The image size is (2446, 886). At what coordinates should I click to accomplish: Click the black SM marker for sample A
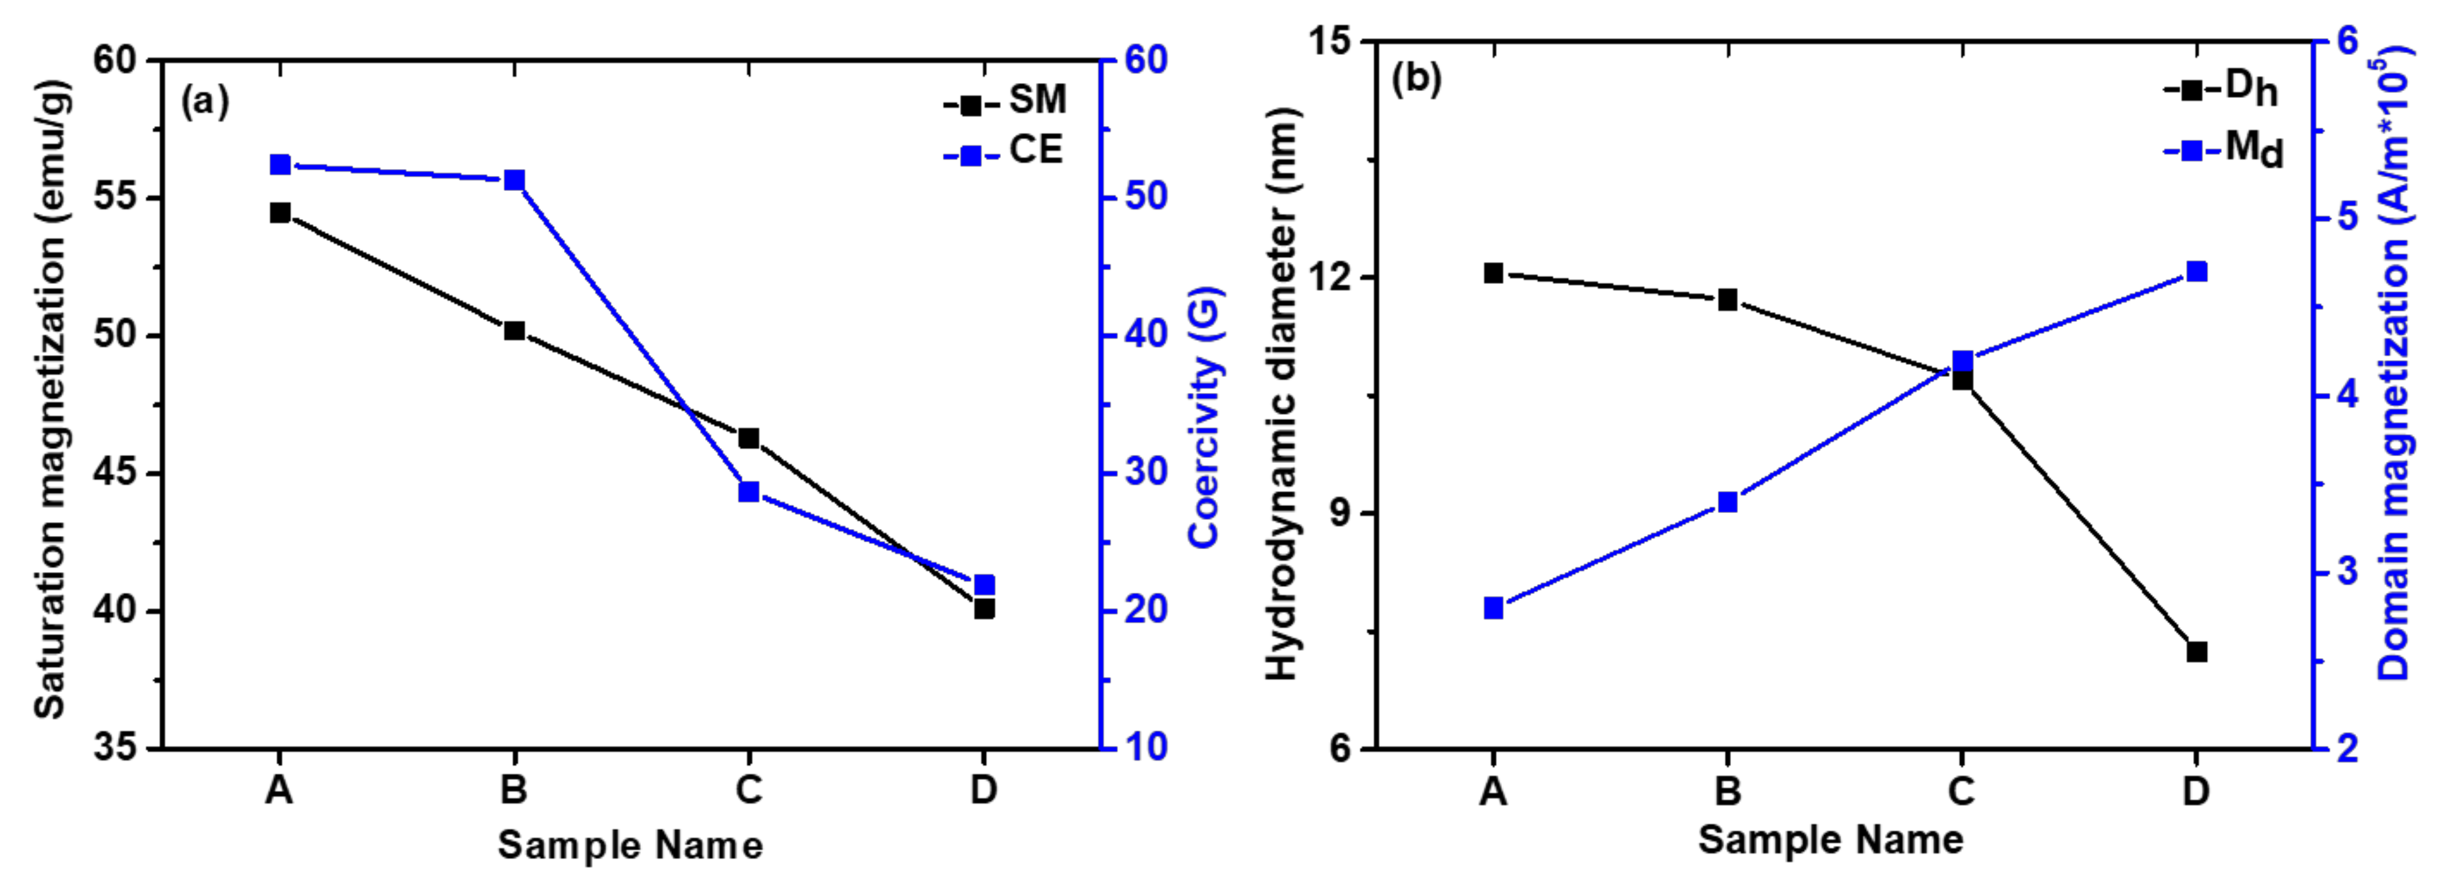[x=280, y=213]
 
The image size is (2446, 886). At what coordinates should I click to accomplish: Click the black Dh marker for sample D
[x=2196, y=651]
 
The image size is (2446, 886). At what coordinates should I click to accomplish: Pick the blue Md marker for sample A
[x=1494, y=608]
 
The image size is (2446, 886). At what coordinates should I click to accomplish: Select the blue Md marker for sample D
[x=2196, y=271]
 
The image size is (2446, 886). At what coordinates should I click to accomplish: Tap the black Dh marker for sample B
[x=1728, y=300]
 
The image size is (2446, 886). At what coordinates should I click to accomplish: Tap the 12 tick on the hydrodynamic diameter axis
[x=1325, y=277]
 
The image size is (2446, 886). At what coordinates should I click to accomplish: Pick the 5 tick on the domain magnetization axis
[x=2346, y=218]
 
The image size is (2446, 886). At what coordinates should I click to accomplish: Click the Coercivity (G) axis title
[x=1204, y=418]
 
